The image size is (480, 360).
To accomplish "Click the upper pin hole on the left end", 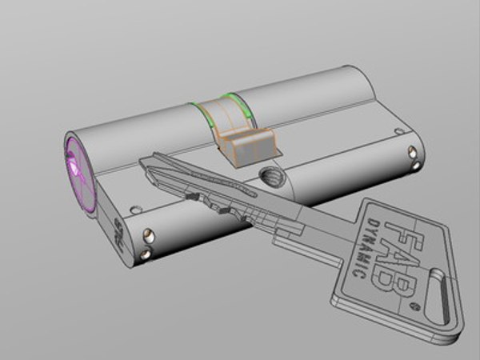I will tap(148, 234).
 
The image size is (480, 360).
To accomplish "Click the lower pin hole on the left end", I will tap(145, 254).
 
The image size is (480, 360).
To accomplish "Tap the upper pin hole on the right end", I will tap(411, 151).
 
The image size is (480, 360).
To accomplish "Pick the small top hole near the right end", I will tap(395, 130).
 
